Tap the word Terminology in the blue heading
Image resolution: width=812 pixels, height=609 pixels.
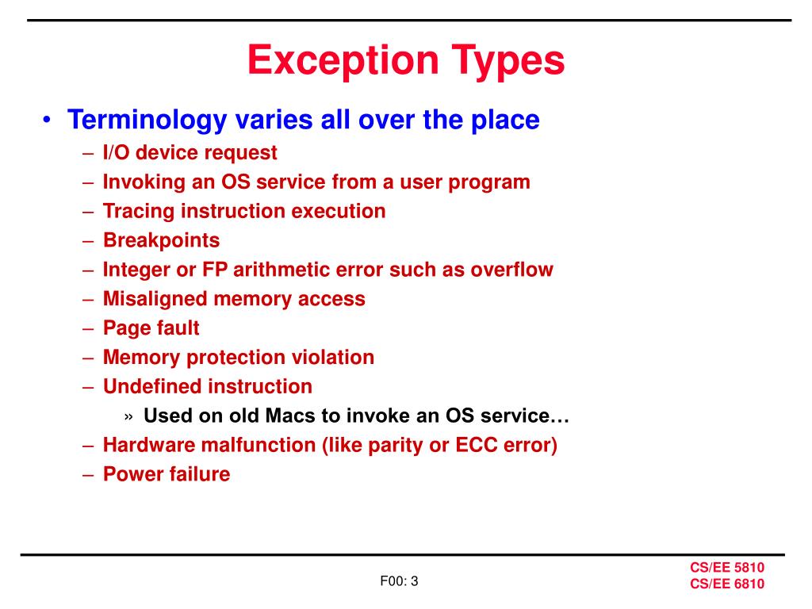[x=146, y=120]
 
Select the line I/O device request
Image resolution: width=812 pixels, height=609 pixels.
[x=190, y=152]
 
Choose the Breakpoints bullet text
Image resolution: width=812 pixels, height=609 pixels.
[x=161, y=239]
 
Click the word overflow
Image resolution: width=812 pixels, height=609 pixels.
[x=511, y=269]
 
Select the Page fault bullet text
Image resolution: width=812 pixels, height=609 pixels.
[x=151, y=327]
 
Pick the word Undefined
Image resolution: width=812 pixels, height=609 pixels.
[x=152, y=386]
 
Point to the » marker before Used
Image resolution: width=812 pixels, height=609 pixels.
[x=129, y=416]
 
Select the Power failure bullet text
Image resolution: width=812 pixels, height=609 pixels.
[x=167, y=474]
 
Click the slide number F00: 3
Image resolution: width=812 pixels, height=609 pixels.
[x=399, y=581]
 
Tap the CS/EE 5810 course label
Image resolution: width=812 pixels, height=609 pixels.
[x=726, y=568]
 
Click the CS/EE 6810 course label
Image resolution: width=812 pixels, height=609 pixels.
[x=726, y=584]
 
